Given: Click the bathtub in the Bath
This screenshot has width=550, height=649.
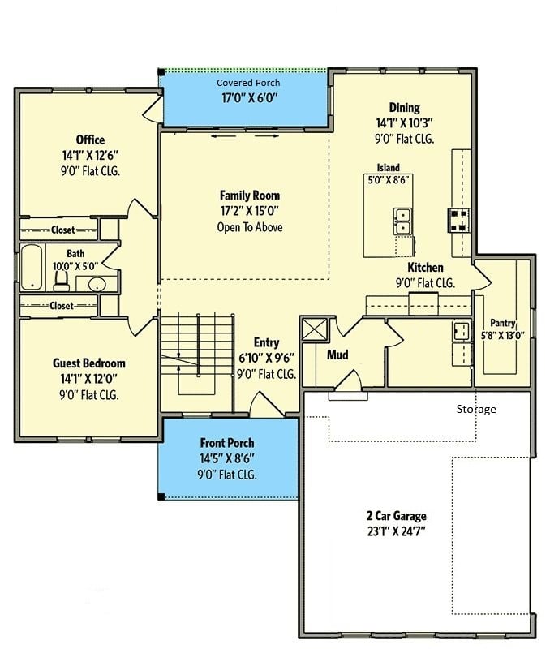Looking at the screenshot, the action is point(32,267).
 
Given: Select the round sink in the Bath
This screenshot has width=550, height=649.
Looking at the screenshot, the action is point(97,285).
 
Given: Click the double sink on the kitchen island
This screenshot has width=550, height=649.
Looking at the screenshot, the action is point(402,221).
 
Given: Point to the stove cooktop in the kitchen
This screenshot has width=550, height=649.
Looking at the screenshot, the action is point(459,220).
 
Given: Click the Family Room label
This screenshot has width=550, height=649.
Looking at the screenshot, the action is point(250,196).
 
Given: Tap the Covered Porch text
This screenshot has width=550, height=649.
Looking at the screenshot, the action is point(248,83).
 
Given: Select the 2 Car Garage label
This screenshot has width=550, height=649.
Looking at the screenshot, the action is point(397,516).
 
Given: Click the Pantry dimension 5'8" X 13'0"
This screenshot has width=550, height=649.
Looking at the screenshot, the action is point(502,336).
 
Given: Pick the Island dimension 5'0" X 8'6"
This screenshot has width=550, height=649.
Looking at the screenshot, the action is point(389,180).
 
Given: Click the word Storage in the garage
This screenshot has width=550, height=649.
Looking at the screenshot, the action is point(476,410).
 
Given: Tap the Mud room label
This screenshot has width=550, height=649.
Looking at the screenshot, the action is point(337,355).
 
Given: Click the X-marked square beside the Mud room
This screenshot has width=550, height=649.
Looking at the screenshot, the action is point(315,330).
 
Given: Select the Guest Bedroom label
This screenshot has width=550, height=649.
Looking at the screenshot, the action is point(89,363).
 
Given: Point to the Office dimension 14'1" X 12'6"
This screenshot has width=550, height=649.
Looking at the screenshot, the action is point(90,156).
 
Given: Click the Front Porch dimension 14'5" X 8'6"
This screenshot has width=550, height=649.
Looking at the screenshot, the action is point(227,458).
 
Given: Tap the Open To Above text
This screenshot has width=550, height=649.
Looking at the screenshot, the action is point(250,227).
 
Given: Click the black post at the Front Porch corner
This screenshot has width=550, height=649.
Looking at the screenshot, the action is point(161,496).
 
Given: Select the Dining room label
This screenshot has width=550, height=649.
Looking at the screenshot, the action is point(404,108).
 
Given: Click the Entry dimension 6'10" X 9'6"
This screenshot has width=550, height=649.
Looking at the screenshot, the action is point(267,358).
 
